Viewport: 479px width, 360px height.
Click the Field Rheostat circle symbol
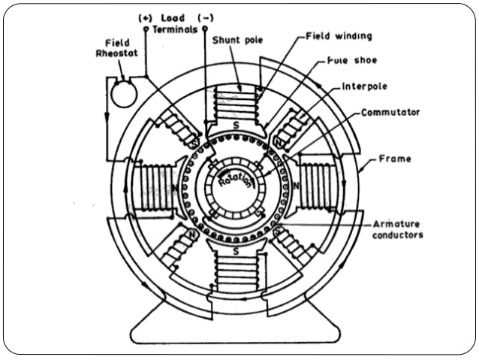click(122, 93)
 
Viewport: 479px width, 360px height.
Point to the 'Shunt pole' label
click(238, 40)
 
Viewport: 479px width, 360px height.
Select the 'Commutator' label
click(390, 111)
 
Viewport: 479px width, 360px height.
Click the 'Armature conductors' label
click(399, 229)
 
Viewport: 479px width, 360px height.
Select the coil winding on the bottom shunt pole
click(238, 267)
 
